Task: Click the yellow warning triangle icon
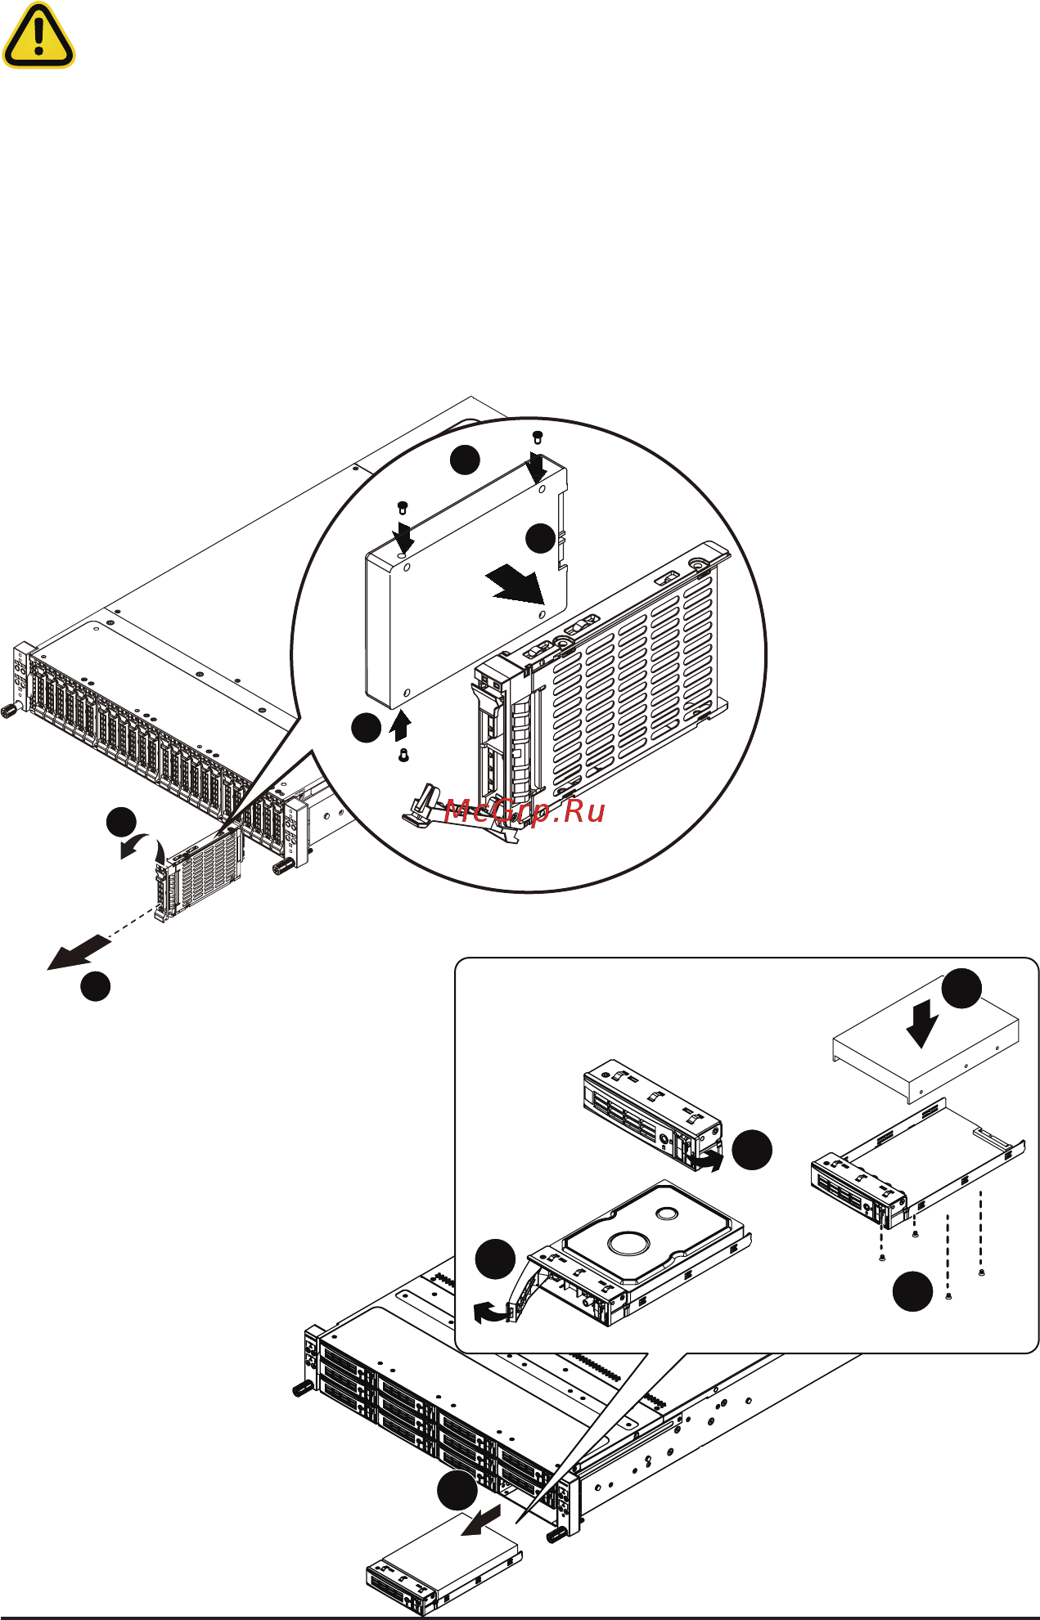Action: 38,35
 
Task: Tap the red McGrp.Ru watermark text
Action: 525,811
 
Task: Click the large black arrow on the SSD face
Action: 515,583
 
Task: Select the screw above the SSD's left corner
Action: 402,506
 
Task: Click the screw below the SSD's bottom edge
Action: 403,756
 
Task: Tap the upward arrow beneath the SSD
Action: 400,725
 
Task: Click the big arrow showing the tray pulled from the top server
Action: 78,953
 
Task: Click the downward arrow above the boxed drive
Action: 922,1025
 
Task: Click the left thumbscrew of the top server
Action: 10,710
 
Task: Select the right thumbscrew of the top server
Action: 283,866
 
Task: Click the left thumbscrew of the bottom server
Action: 300,1389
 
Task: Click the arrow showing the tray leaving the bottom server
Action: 481,1522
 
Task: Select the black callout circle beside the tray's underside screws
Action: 912,1290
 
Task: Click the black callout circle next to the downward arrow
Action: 961,987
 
